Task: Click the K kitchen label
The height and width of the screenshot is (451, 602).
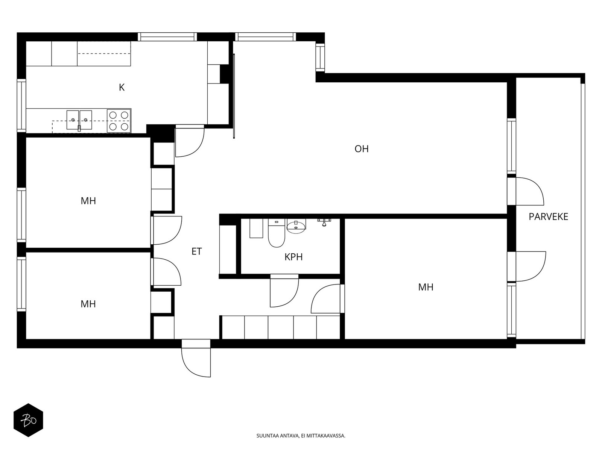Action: pos(122,88)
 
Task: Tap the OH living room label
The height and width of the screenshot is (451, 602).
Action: pos(362,149)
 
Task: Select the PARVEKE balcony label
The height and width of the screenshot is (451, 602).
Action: pos(548,217)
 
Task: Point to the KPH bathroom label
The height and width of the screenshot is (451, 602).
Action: pos(293,257)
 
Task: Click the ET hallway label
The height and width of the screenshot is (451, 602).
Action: pos(197,251)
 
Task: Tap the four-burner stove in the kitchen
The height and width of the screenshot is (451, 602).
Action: pos(119,121)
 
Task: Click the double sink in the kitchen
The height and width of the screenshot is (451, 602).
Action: pos(79,120)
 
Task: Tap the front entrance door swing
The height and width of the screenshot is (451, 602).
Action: pos(196,358)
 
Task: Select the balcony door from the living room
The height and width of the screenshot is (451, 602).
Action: pos(525,191)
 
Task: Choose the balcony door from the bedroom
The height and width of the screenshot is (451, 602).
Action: pos(526,266)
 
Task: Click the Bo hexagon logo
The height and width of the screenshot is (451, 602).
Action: pos(28,420)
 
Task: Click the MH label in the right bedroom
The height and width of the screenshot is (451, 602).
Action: pos(426,287)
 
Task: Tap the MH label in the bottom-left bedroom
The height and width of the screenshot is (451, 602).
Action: pos(88,304)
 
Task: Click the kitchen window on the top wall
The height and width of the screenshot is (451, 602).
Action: pos(167,37)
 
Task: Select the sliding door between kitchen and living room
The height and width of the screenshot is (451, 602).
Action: pos(234,96)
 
